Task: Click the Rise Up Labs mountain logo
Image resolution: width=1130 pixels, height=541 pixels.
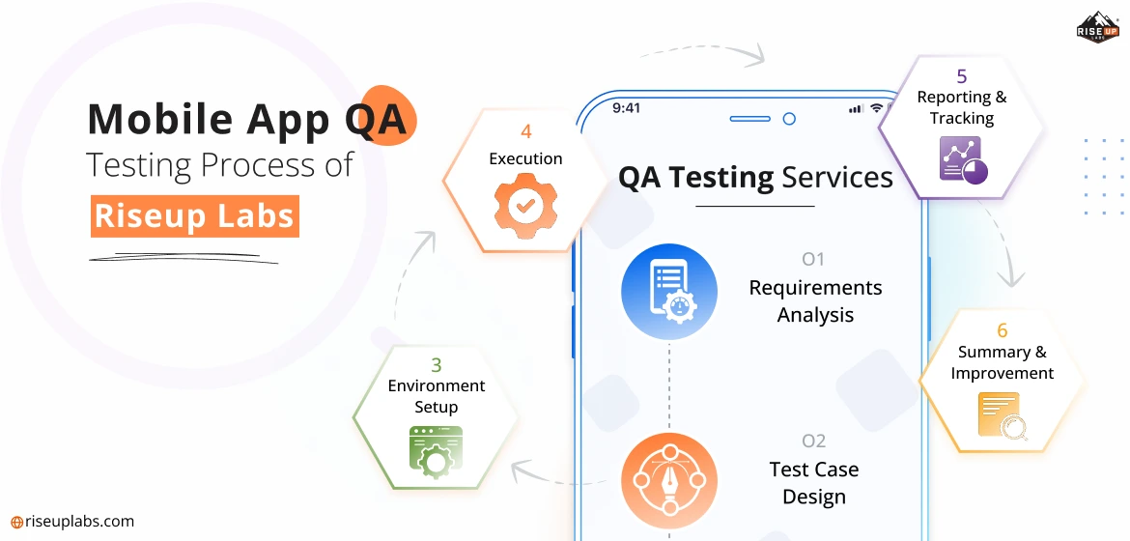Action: tap(1097, 27)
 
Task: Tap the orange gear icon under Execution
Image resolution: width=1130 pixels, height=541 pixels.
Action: tap(524, 204)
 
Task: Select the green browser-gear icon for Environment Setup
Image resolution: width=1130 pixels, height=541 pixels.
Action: tap(436, 451)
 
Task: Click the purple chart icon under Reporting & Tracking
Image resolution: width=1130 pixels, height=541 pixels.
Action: tap(964, 160)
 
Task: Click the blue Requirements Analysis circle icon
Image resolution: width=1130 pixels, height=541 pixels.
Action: tap(668, 292)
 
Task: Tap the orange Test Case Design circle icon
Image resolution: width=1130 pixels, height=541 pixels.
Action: tap(668, 480)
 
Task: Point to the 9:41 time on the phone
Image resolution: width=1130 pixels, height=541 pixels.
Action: tap(626, 108)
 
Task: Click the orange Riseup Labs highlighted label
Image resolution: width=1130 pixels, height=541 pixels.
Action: tap(194, 215)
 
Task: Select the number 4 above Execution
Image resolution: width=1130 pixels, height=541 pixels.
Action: tap(526, 132)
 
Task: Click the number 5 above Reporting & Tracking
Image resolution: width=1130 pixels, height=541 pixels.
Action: tap(961, 75)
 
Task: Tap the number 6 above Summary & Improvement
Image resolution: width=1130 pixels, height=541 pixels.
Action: tap(1002, 330)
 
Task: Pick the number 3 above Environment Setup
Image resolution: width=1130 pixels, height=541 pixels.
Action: tap(436, 364)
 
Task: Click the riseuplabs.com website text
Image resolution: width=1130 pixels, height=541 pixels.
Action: tap(79, 522)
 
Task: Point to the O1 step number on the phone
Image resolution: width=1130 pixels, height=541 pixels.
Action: tap(813, 258)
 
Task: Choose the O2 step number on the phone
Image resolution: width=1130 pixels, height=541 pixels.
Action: tap(813, 440)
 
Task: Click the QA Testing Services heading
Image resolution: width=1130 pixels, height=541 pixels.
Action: tap(755, 178)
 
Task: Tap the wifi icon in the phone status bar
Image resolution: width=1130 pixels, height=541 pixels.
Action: tap(876, 108)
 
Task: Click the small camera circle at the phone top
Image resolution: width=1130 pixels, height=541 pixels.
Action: tap(789, 119)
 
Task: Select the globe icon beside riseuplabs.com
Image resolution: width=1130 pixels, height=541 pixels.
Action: tap(16, 523)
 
